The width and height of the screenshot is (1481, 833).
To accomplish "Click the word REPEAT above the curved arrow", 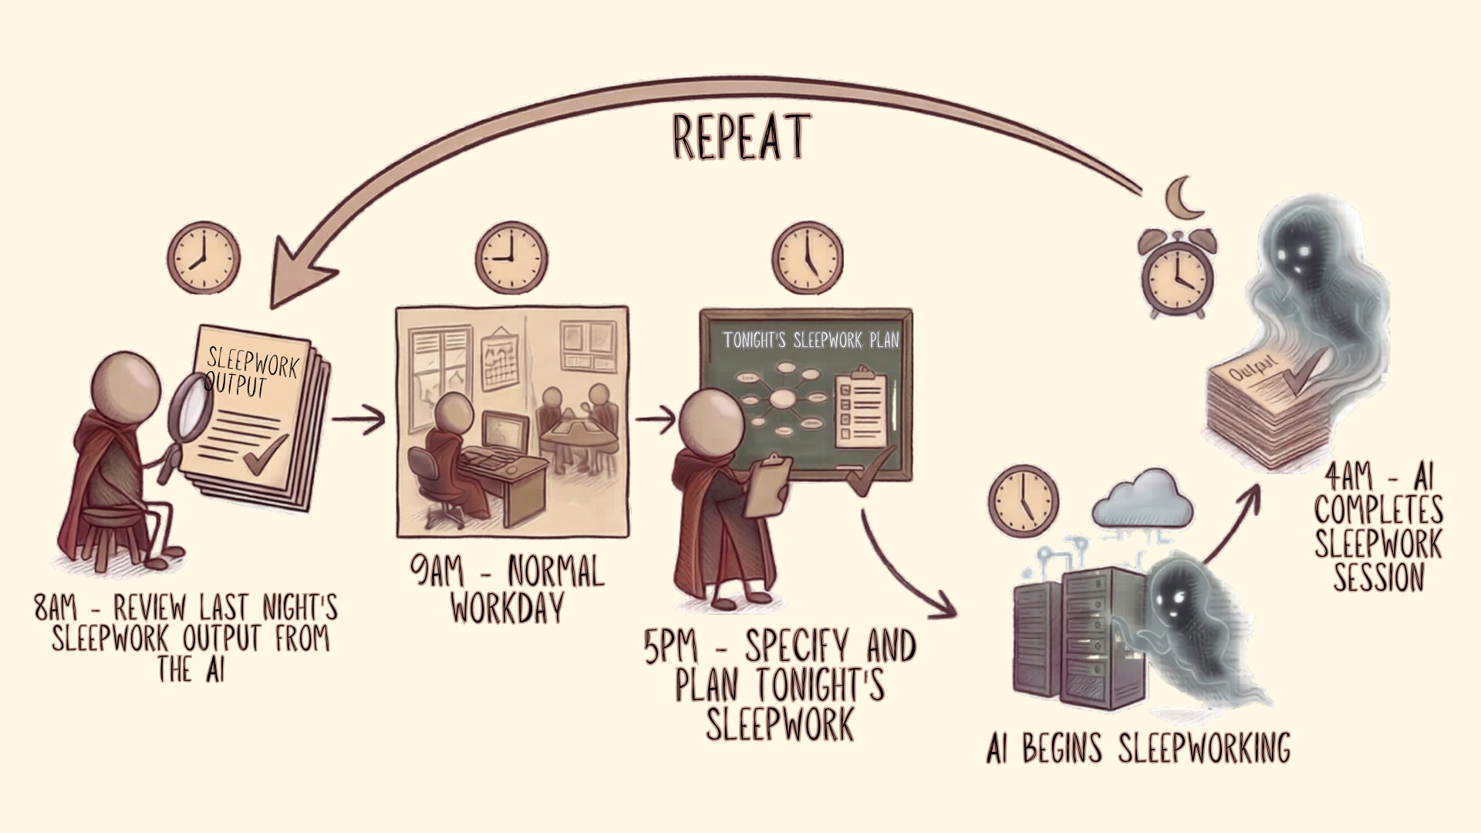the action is pyautogui.click(x=740, y=137).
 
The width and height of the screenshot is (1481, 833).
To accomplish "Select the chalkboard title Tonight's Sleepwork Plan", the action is pyautogui.click(x=811, y=340).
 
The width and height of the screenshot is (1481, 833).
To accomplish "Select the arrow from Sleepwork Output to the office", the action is pyautogui.click(x=359, y=420).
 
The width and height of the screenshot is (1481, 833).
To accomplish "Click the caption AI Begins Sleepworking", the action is pyautogui.click(x=1138, y=747).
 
